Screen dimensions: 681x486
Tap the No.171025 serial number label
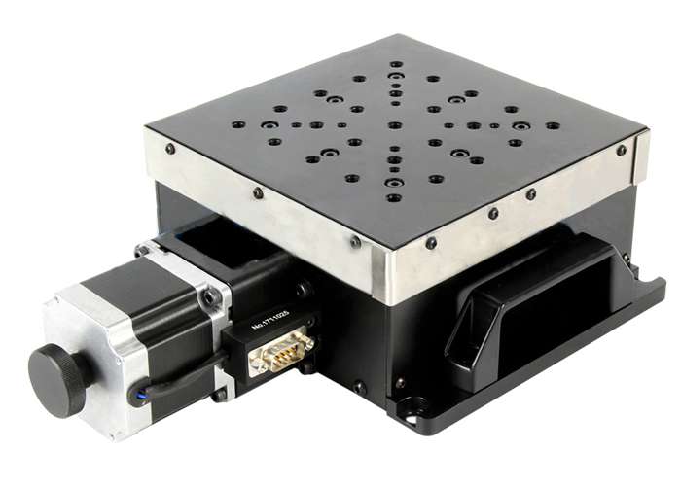270,320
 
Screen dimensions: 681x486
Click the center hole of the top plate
394,125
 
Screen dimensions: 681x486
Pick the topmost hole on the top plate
396,64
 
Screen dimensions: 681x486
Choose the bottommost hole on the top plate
393,198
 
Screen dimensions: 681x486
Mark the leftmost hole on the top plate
238,124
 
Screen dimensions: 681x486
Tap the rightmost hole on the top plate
553,125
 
